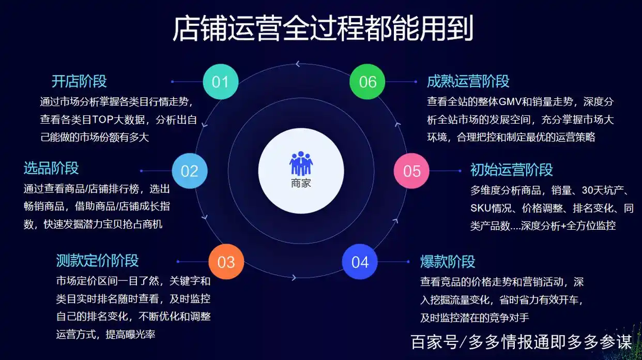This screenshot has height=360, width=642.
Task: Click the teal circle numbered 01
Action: click(220, 82)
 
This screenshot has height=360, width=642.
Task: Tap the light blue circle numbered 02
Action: click(189, 171)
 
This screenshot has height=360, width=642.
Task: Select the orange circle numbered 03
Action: click(226, 262)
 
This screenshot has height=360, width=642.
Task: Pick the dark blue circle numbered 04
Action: click(360, 262)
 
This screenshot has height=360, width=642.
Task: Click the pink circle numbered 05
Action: click(411, 171)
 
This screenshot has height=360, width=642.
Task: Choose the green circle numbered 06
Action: click(368, 82)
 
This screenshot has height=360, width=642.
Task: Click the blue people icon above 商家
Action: click(301, 163)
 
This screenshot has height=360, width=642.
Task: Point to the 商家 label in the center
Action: click(301, 183)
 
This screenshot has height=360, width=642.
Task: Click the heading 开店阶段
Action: click(79, 81)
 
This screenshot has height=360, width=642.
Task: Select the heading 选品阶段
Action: click(51, 168)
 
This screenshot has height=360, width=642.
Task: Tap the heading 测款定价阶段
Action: click(97, 260)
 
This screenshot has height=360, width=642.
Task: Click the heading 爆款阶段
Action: click(448, 261)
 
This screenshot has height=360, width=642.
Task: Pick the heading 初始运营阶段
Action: click(511, 170)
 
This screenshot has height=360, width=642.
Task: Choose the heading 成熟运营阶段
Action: click(468, 81)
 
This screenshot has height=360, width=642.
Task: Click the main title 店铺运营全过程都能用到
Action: click(322, 29)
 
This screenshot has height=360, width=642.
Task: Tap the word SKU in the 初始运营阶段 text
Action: click(481, 208)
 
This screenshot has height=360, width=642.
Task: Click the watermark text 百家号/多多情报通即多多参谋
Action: click(521, 342)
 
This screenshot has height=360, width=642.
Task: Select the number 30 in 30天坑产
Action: click(587, 190)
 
